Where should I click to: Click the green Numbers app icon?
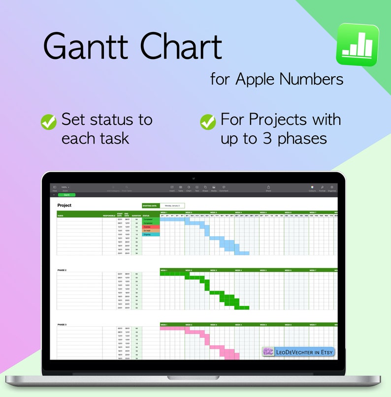coord(358,45)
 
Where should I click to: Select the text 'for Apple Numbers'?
coord(277,79)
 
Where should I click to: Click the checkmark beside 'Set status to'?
coord(48,122)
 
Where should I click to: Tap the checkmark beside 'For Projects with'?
coord(208,122)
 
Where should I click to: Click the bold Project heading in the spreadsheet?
coord(65,205)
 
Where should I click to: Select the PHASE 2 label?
coord(62,270)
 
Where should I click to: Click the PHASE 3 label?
coord(62,325)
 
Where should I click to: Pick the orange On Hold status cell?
coord(151,231)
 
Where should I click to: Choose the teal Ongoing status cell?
coord(151,235)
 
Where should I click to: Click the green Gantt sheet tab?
coord(66,195)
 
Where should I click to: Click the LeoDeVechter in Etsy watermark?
coord(298,352)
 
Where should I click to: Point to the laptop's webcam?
coord(195,178)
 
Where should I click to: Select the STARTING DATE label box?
coord(150,205)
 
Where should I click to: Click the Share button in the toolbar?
coord(268,188)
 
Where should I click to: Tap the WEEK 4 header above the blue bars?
coord(238,213)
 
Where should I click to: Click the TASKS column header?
coord(61,215)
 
